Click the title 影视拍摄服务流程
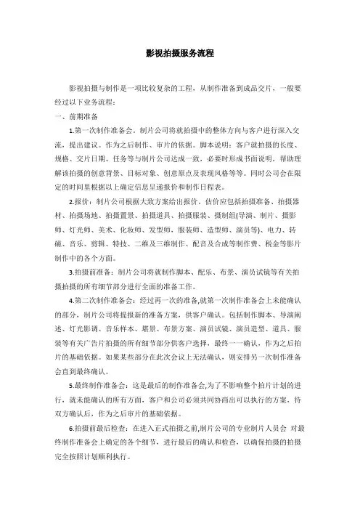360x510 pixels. (x=179, y=53)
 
